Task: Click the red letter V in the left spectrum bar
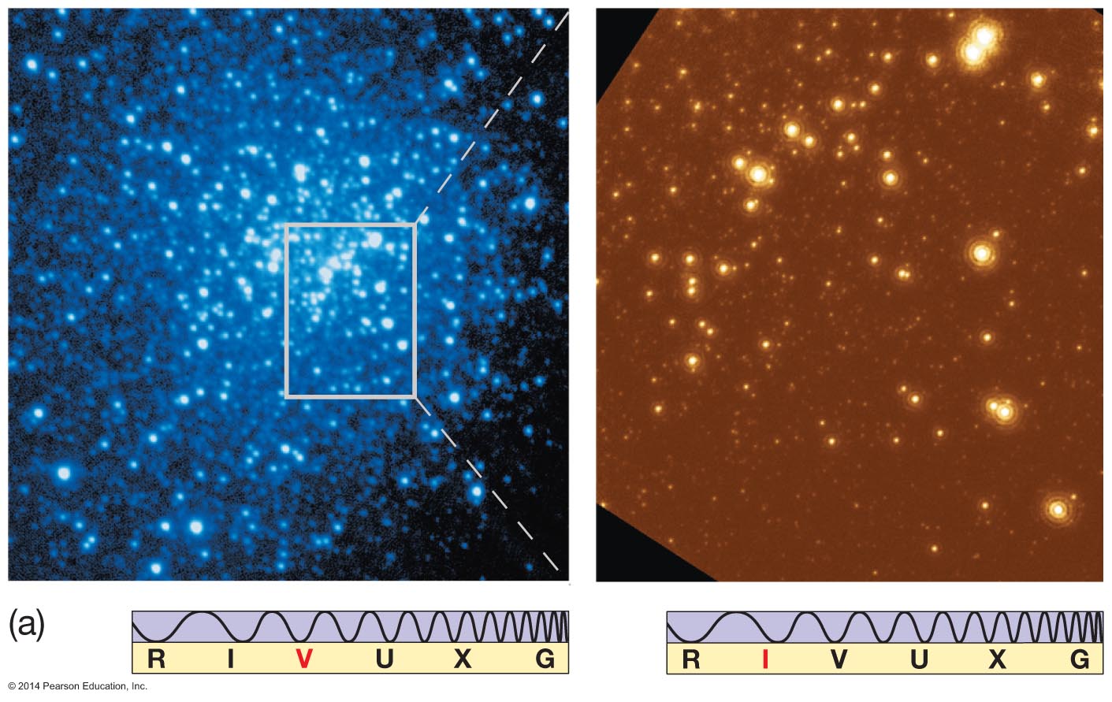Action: point(304,659)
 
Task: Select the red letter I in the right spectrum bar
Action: point(764,659)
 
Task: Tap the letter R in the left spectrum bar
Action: point(156,659)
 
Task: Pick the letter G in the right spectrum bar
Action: point(1080,659)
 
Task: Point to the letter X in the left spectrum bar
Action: point(463,659)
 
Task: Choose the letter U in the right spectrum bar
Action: point(919,659)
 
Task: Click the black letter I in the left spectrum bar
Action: point(230,659)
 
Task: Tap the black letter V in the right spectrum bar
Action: point(839,659)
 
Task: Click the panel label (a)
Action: point(26,625)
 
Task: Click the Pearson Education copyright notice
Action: point(77,686)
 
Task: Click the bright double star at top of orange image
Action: point(978,43)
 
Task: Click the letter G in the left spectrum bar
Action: point(545,659)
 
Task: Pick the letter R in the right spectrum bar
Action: point(690,659)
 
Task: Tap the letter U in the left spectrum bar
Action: point(385,659)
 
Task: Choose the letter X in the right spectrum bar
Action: point(997,659)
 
